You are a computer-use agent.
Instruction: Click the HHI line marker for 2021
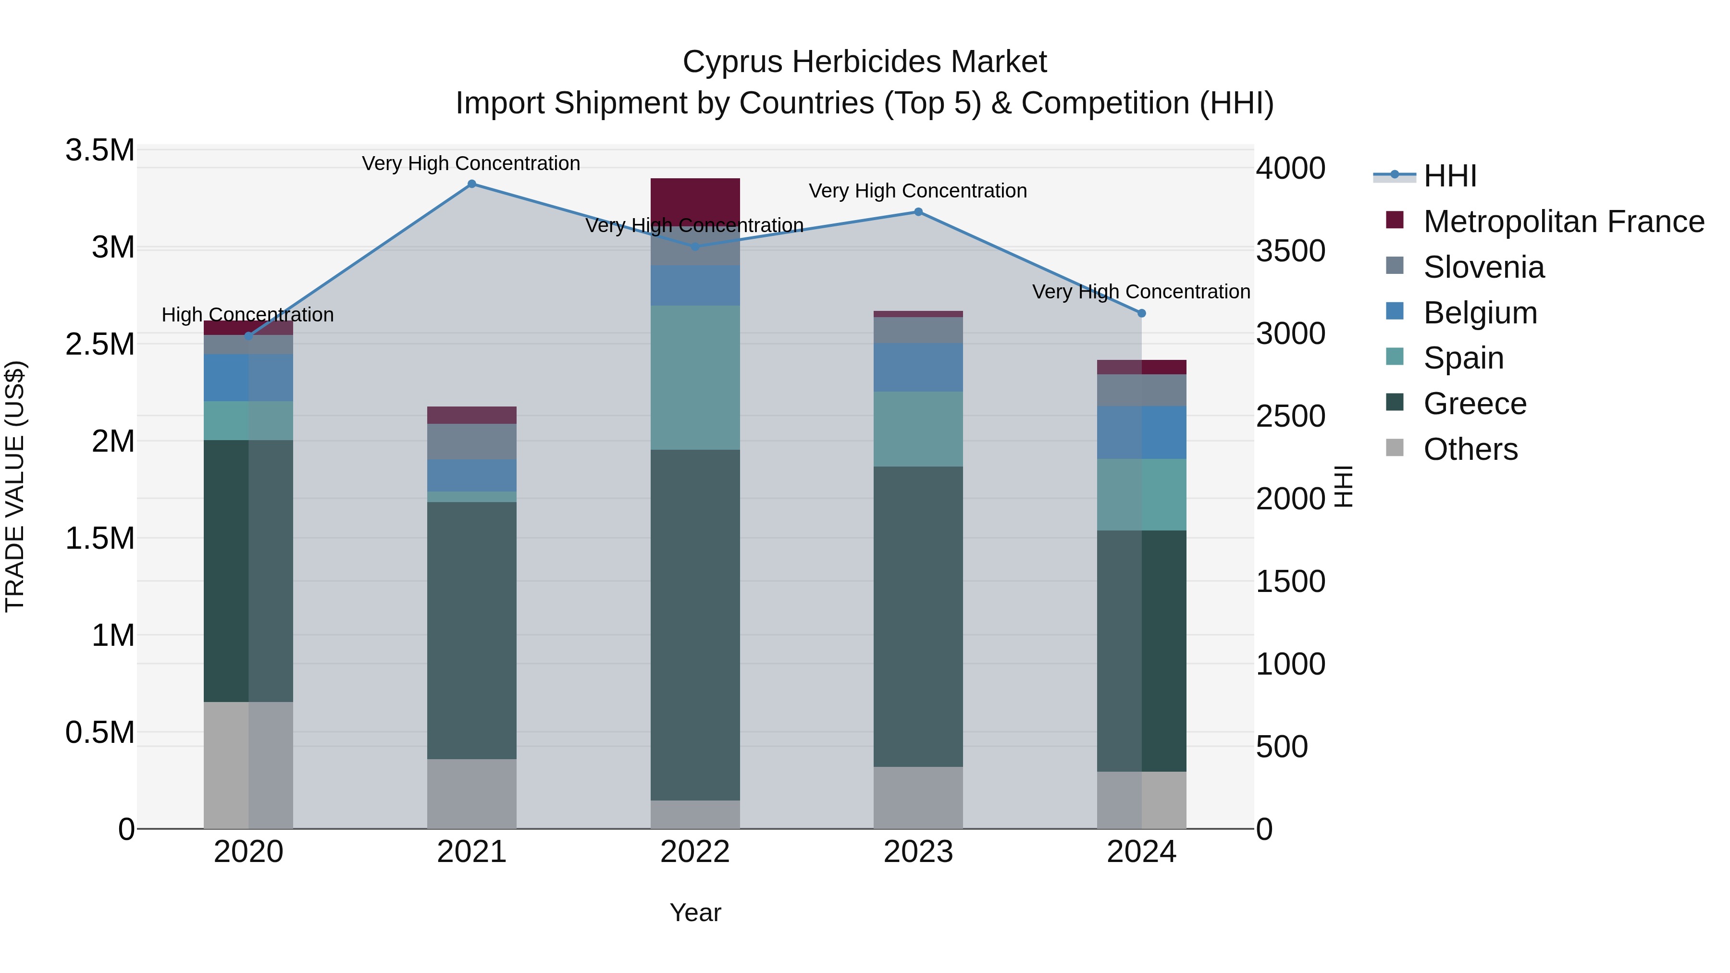471,184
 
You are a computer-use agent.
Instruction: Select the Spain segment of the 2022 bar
695,377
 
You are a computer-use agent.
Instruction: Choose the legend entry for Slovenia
1483,267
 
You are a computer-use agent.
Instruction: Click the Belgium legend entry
1480,313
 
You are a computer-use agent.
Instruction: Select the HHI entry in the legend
1449,176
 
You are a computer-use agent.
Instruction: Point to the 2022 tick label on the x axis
695,852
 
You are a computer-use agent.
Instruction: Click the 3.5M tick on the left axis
100,150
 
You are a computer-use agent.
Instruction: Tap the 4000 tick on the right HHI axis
1290,169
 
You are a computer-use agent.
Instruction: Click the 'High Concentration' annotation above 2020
248,315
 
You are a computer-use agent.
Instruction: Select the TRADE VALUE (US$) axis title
15,486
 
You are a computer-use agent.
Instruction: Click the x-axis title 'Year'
695,912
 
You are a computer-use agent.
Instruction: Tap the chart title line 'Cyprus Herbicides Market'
865,62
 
